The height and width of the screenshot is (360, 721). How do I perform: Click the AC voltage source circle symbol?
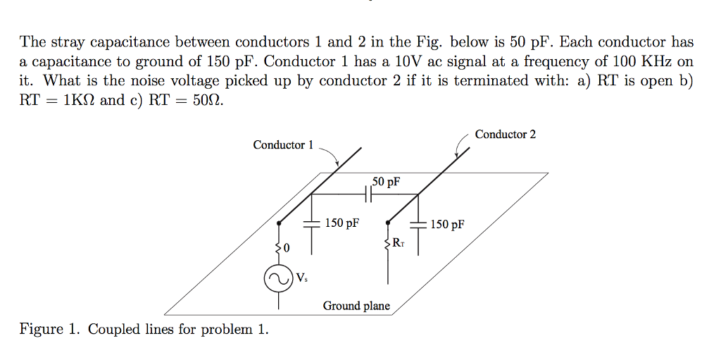pyautogui.click(x=279, y=279)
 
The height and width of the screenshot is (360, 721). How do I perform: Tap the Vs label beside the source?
pyautogui.click(x=301, y=278)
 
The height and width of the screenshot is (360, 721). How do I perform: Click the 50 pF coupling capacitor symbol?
pyautogui.click(x=368, y=194)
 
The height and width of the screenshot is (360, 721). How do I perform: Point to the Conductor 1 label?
pyautogui.click(x=283, y=145)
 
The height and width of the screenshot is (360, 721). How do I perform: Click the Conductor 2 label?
pyautogui.click(x=505, y=134)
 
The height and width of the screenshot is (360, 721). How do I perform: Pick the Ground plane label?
pyautogui.click(x=356, y=306)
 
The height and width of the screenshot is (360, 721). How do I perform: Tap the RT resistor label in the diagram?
pyautogui.click(x=399, y=243)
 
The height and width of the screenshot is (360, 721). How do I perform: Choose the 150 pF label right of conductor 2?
pyautogui.click(x=447, y=225)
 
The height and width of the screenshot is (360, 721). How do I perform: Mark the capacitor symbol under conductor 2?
pyautogui.click(x=418, y=225)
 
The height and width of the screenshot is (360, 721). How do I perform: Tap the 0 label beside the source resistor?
pyautogui.click(x=287, y=248)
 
